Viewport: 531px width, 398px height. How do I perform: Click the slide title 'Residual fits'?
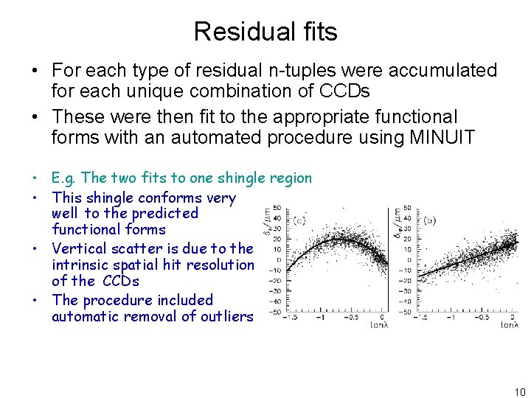pyautogui.click(x=265, y=32)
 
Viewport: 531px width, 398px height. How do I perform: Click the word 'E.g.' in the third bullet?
pyautogui.click(x=65, y=178)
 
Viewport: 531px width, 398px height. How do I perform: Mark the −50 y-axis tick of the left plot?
pyautogui.click(x=276, y=312)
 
